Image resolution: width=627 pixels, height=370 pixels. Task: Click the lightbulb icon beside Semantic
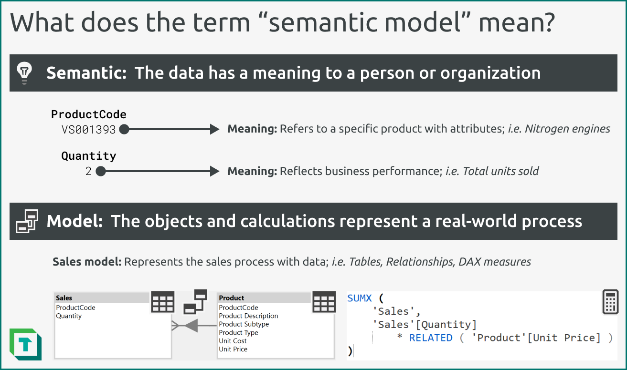(x=24, y=72)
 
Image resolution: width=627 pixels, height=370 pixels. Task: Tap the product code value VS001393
(x=89, y=129)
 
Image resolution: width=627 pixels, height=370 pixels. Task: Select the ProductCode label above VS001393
(x=89, y=114)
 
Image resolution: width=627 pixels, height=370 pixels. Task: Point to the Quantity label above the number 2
(x=89, y=156)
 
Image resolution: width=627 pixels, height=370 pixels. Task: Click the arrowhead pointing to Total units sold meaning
(x=214, y=171)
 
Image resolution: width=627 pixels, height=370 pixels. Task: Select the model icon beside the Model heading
(x=27, y=221)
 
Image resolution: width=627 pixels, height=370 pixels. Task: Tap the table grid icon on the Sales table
(x=163, y=302)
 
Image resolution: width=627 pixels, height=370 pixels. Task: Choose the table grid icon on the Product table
(x=324, y=302)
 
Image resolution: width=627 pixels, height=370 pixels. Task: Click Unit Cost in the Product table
(x=233, y=341)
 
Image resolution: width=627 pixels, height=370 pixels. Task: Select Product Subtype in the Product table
(x=244, y=324)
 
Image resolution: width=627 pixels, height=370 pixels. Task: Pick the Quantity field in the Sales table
(x=69, y=316)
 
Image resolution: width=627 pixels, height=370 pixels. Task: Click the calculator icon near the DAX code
(x=610, y=302)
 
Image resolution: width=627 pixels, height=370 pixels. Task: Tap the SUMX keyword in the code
(x=360, y=298)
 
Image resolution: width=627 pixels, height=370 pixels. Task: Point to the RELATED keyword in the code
(x=431, y=338)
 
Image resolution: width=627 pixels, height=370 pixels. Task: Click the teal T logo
(x=25, y=344)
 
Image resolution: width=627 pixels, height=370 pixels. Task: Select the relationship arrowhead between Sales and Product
(x=191, y=326)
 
